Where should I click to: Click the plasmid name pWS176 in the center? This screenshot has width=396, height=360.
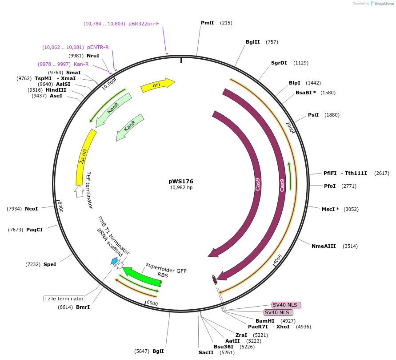pos(181,181)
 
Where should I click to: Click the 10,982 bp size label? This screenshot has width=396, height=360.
pos(181,188)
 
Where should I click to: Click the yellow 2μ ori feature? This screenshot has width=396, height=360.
pos(84,156)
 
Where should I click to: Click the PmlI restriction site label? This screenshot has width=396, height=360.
pos(207,23)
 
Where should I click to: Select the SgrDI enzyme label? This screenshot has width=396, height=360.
pos(279,63)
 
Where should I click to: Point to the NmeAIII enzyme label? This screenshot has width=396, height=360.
pos(324,246)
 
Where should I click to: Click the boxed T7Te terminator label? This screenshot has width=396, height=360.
pos(64,299)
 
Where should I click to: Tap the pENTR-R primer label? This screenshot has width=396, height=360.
pos(98,47)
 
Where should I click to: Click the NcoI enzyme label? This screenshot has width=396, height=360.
pos(31,209)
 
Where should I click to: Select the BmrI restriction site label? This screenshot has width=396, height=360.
pos(83,307)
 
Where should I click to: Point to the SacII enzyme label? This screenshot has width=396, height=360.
pos(206,352)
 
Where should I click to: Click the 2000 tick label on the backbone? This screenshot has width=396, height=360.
pos(290,127)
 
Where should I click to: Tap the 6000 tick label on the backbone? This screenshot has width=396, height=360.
pos(152,303)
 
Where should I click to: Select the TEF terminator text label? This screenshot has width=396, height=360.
pos(89,190)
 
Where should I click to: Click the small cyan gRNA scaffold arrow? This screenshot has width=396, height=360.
pos(115,261)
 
